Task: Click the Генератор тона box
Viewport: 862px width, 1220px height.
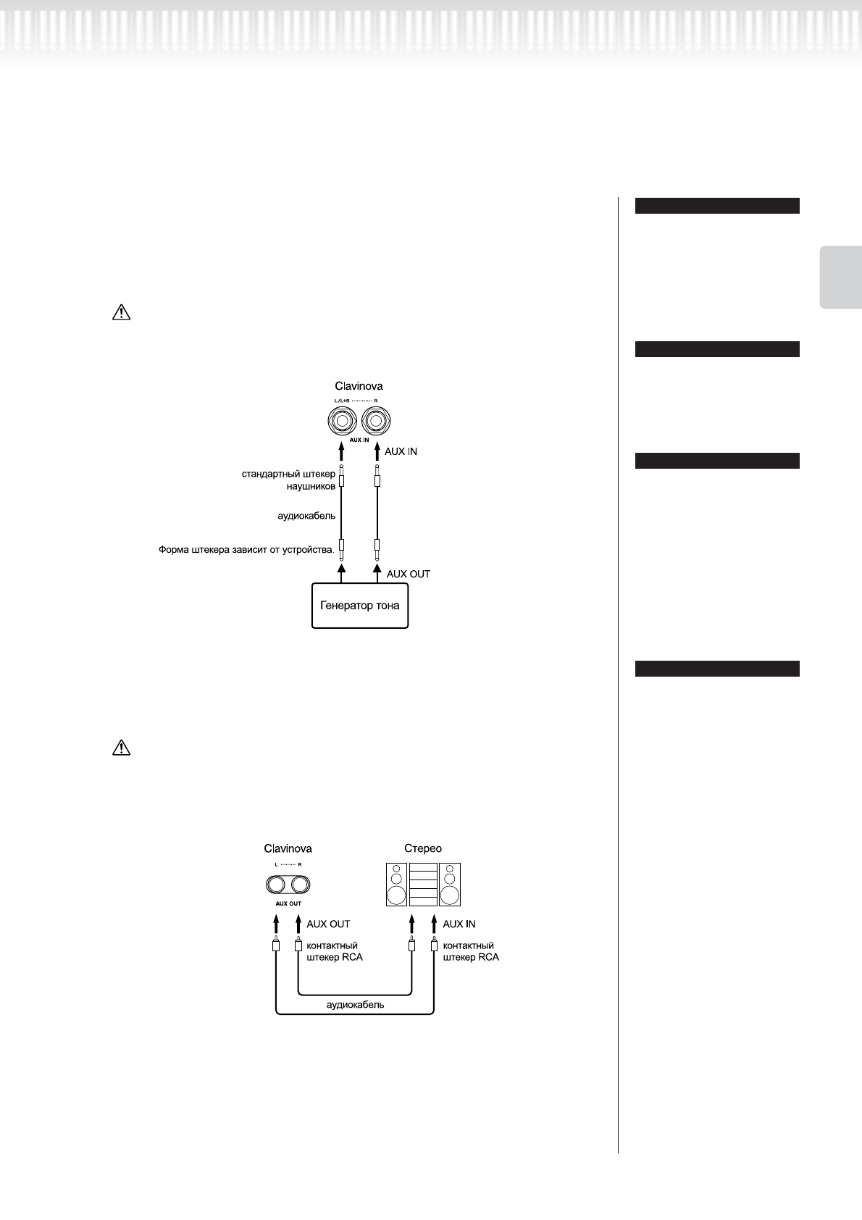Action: click(x=360, y=605)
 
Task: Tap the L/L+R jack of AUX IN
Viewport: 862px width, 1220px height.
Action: click(x=342, y=420)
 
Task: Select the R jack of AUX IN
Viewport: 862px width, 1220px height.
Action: click(x=377, y=420)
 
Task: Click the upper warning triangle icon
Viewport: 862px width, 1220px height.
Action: click(x=121, y=312)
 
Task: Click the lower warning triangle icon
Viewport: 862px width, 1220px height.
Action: click(x=121, y=748)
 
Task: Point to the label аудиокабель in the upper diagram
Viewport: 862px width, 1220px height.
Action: click(x=306, y=516)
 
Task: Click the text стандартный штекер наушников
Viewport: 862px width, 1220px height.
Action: click(x=289, y=480)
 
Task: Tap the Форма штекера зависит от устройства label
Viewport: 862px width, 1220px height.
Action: click(x=246, y=550)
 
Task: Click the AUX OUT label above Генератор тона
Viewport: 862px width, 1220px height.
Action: click(x=408, y=574)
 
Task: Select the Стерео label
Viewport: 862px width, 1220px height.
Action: click(x=423, y=848)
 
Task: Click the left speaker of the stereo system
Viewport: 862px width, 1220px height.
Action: click(x=396, y=885)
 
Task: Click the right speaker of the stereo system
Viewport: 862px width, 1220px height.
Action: click(x=450, y=885)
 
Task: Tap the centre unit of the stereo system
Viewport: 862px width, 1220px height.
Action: click(x=423, y=885)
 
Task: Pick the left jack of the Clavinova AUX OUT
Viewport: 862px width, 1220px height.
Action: click(x=276, y=885)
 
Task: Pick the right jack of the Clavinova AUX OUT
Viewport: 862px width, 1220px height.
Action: click(x=299, y=885)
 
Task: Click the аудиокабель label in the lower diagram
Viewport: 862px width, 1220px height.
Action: click(x=355, y=1005)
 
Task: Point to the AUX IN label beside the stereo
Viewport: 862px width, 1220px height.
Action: click(x=459, y=924)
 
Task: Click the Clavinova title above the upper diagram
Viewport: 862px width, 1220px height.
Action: click(x=359, y=386)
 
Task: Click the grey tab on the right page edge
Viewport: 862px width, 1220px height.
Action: click(x=841, y=277)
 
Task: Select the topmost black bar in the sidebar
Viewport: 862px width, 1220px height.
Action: click(x=717, y=206)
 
